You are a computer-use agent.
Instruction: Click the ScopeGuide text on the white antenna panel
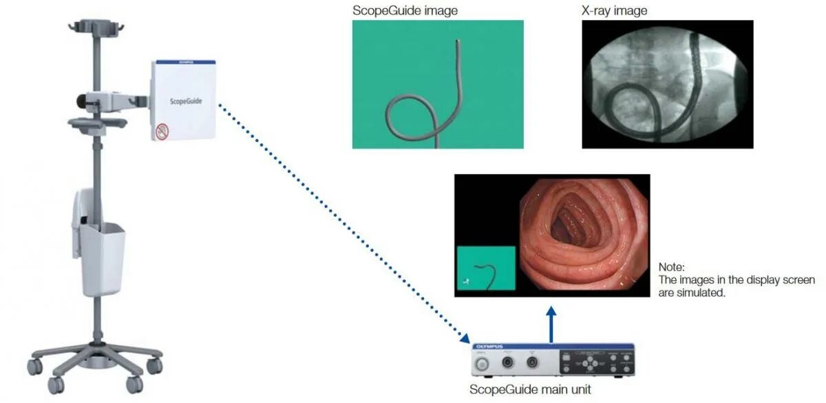tap(182, 101)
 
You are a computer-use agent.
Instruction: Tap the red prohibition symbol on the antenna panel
tap(162, 130)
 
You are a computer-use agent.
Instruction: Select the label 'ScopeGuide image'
tap(405, 10)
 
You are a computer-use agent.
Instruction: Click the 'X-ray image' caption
tap(614, 10)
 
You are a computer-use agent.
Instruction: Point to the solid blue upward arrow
tap(551, 324)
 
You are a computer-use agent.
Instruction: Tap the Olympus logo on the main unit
tap(489, 347)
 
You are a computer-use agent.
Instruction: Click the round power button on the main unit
tap(483, 362)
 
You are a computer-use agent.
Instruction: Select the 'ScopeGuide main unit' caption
tap(529, 390)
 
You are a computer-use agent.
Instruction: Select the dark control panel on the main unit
tap(593, 362)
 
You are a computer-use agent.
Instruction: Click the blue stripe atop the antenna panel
tap(183, 62)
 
